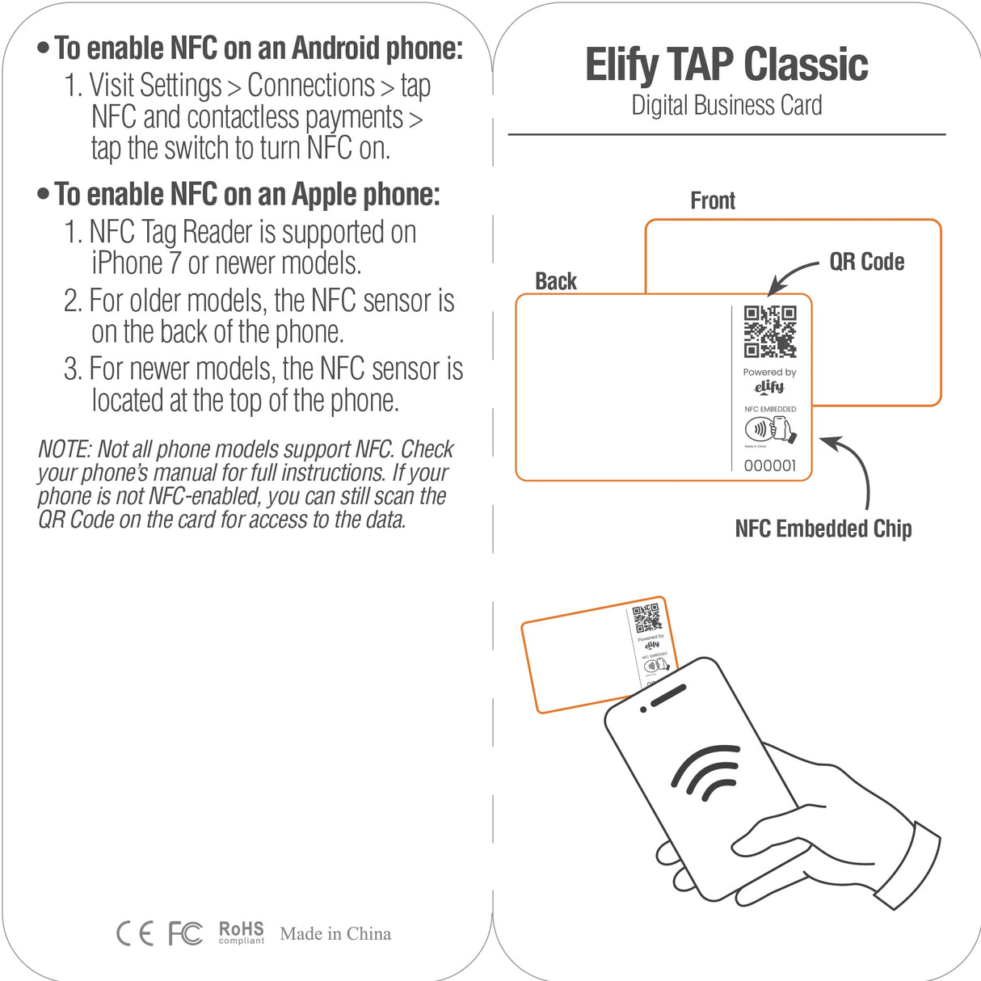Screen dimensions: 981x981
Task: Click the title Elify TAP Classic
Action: tap(726, 65)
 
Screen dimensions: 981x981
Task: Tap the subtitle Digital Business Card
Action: tap(726, 106)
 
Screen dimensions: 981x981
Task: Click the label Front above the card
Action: tap(712, 200)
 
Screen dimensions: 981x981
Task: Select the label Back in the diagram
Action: tap(556, 281)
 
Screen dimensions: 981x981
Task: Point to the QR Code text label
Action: tap(866, 262)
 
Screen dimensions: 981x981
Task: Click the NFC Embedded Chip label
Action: tap(823, 528)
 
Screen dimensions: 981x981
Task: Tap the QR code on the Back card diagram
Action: tap(769, 331)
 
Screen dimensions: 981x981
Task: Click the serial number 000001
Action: tap(769, 465)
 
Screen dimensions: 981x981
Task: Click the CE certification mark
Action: tap(135, 933)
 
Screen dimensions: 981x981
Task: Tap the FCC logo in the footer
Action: tap(185, 933)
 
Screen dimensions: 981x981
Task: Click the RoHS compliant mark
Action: tap(241, 933)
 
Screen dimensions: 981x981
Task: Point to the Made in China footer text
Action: tap(335, 933)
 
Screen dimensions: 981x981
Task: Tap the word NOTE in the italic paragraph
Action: tap(63, 449)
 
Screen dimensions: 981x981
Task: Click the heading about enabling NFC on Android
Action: tap(258, 48)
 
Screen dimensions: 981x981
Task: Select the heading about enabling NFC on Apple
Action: tap(246, 195)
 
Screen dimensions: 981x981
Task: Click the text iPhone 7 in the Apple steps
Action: tap(135, 263)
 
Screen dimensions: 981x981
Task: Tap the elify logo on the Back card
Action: tap(769, 387)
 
